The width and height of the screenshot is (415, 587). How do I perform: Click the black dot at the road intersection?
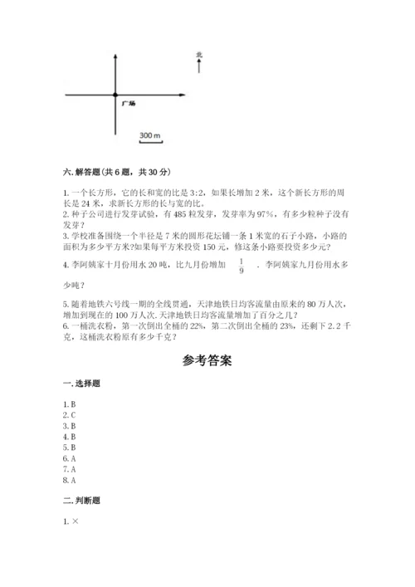pyautogui.click(x=115, y=95)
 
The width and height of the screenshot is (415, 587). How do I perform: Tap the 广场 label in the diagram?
pyautogui.click(x=128, y=104)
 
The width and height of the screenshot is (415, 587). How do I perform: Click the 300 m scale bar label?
pyautogui.click(x=150, y=135)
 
